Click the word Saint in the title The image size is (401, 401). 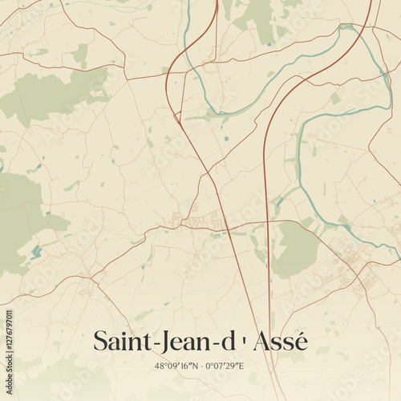pyautogui.click(x=119, y=341)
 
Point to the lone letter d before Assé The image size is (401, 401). pyautogui.click(x=227, y=341)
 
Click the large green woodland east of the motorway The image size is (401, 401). pyautogui.click(x=295, y=249)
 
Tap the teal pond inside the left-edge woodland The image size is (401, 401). pyautogui.click(x=35, y=253)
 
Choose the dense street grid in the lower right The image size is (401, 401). pyautogui.click(x=353, y=265)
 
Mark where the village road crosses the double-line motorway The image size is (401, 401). pyautogui.click(x=264, y=222)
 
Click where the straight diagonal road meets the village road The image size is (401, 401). pyautogui.click(x=230, y=222)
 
